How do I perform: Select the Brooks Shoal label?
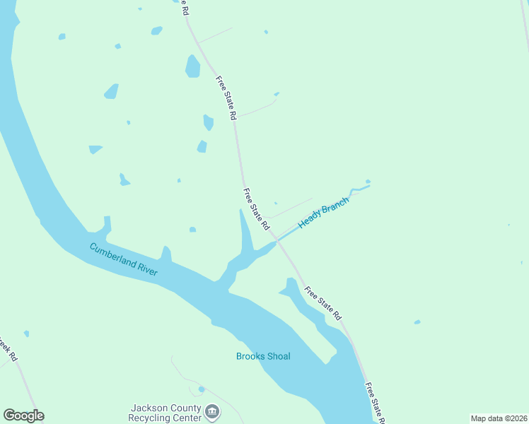(x=263, y=356)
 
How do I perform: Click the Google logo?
(x=23, y=416)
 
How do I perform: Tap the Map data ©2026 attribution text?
(x=499, y=418)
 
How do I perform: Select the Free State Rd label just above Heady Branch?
(x=256, y=209)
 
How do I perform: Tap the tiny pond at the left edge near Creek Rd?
(x=26, y=334)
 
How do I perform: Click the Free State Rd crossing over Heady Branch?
(x=279, y=240)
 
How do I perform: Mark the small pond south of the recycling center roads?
(x=202, y=389)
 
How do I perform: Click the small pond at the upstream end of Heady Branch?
(x=368, y=182)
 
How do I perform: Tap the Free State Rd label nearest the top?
(x=225, y=98)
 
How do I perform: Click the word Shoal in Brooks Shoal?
(x=279, y=356)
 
